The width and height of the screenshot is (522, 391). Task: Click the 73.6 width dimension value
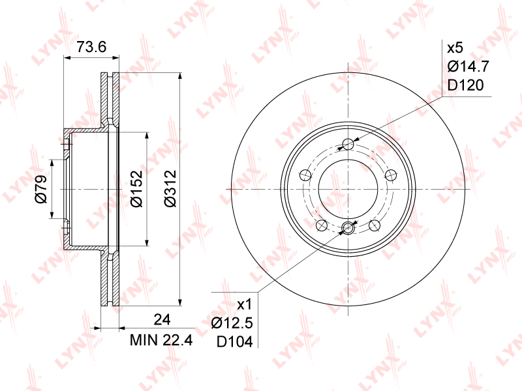91,47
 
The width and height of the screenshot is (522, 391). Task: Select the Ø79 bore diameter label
41,189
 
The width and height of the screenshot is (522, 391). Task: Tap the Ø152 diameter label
136,188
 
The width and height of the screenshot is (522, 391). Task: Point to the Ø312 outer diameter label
170,188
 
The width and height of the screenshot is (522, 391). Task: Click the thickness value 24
162,319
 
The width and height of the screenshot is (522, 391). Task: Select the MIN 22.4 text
161,340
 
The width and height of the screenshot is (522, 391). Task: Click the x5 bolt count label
455,48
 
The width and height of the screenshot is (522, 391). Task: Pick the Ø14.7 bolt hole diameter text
468,66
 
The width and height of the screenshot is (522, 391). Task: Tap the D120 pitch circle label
465,85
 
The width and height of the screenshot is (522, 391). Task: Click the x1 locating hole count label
245,304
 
